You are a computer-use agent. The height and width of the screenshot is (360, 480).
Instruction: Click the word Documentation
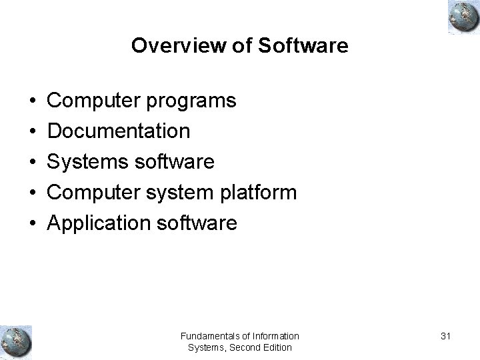pyautogui.click(x=119, y=131)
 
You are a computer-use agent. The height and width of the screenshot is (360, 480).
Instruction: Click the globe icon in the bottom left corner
pyautogui.click(x=16, y=341)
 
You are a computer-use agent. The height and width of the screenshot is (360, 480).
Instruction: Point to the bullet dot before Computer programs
pyautogui.click(x=32, y=101)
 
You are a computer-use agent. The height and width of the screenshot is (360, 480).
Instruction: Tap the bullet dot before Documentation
pyautogui.click(x=32, y=131)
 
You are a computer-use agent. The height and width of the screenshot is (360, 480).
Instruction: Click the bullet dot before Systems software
pyautogui.click(x=32, y=162)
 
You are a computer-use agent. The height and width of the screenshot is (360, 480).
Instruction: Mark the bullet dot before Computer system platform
pyautogui.click(x=32, y=193)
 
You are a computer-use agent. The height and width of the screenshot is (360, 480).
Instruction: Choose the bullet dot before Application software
pyautogui.click(x=32, y=223)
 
